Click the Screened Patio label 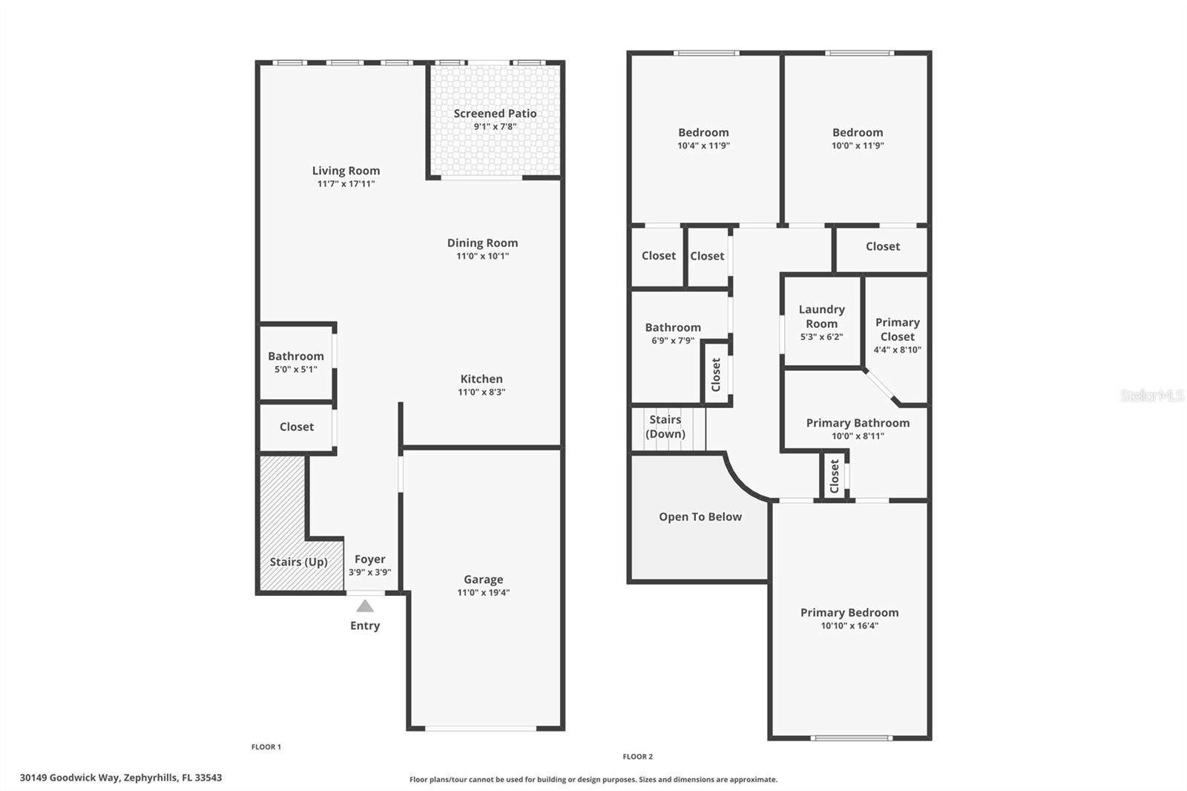[x=495, y=114]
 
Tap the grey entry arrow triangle [x=365, y=606]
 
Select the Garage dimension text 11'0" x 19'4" [x=483, y=593]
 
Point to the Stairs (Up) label [x=298, y=562]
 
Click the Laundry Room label [x=821, y=316]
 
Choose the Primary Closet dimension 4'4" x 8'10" [x=897, y=349]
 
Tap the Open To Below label [x=700, y=517]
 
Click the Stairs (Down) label [x=665, y=427]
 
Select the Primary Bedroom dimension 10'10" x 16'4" [x=849, y=626]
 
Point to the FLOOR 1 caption [x=266, y=747]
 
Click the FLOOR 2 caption [x=637, y=757]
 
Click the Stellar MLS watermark [x=1151, y=395]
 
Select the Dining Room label [x=482, y=243]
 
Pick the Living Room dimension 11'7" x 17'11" [x=346, y=183]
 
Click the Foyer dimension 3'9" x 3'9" [x=369, y=572]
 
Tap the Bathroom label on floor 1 [x=295, y=356]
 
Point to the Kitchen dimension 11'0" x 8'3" [x=481, y=392]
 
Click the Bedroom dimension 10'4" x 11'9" [x=703, y=145]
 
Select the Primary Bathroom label [x=858, y=423]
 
